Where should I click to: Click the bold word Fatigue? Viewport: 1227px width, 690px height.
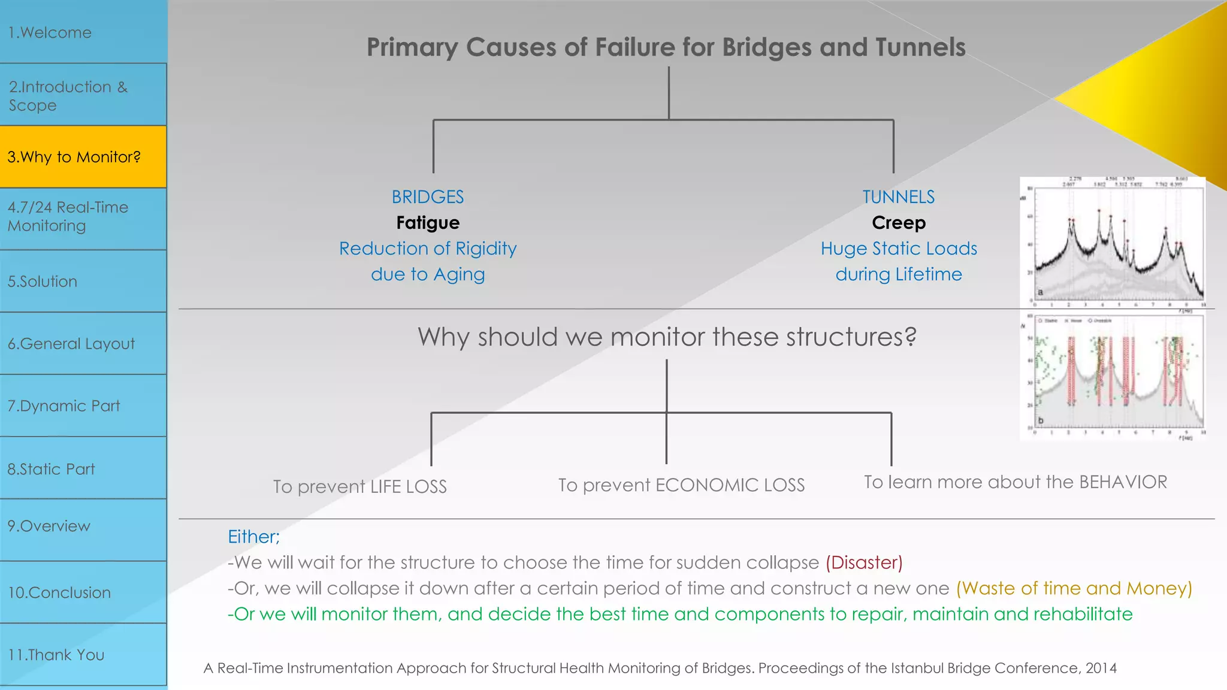(x=428, y=223)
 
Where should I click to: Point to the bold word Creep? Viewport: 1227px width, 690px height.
(x=899, y=223)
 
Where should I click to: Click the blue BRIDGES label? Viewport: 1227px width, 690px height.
(x=428, y=197)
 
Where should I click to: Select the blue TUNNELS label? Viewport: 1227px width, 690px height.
(x=898, y=197)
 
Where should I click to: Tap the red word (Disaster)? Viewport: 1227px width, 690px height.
(x=864, y=562)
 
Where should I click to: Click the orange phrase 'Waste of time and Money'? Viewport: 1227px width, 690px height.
(x=1074, y=588)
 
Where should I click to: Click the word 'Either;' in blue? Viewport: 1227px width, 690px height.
(x=253, y=537)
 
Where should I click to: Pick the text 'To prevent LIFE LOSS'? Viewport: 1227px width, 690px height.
(x=360, y=486)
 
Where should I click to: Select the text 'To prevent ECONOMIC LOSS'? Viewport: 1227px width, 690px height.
(x=681, y=485)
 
